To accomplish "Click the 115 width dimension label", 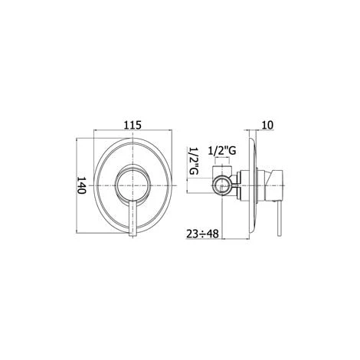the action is pyautogui.click(x=133, y=125).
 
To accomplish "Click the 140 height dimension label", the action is pyautogui.click(x=81, y=185).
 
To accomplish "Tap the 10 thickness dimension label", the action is pyautogui.click(x=267, y=125).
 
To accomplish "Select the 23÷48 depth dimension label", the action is pyautogui.click(x=202, y=234).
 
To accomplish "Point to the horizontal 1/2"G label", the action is pyautogui.click(x=222, y=151).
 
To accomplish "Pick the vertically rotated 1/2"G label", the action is pyautogui.click(x=194, y=161).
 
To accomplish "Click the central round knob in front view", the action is pyautogui.click(x=133, y=185).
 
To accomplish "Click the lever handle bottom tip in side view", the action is pyautogui.click(x=280, y=234).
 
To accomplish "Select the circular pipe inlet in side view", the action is pyautogui.click(x=223, y=185).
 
